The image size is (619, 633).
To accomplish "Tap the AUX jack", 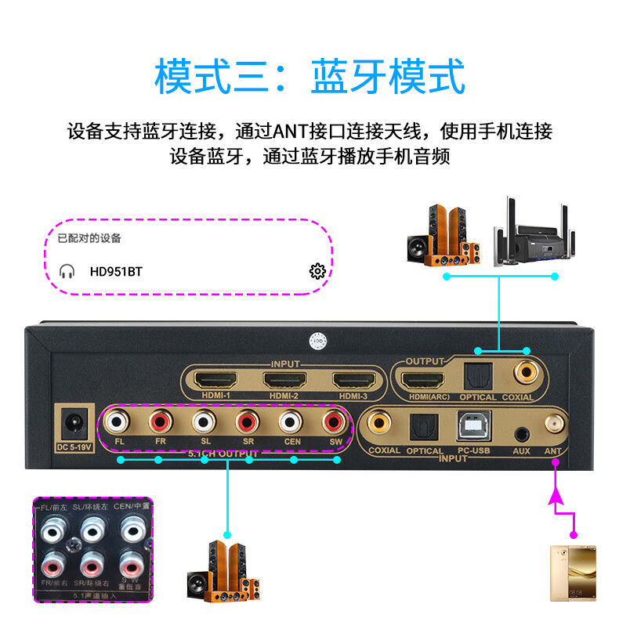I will pos(521,432).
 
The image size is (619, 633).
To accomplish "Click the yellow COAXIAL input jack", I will pos(383,425).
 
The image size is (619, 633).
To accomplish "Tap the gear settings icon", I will pos(317,271).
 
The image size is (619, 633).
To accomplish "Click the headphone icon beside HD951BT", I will pos(67,271).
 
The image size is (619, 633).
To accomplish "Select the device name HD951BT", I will pos(116,271).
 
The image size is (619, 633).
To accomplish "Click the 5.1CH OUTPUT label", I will pos(223,454).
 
